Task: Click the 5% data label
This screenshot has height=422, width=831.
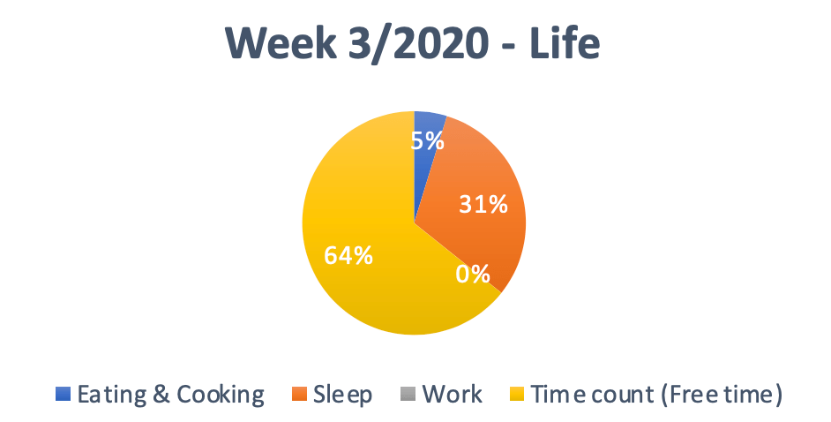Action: (x=428, y=141)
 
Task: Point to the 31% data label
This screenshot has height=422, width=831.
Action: (x=483, y=204)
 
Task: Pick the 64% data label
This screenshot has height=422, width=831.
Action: (x=348, y=255)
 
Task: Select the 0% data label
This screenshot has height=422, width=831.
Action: (x=473, y=274)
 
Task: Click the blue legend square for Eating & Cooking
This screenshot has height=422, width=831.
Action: (x=63, y=394)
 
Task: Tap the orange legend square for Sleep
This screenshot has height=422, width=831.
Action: (x=299, y=394)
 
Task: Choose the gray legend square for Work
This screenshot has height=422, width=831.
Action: (x=408, y=394)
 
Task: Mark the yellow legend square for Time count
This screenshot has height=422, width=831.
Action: (x=517, y=394)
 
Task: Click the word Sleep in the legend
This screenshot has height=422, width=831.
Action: (x=342, y=395)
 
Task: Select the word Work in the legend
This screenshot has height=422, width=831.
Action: (x=452, y=395)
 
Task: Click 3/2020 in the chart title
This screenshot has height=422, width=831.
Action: (x=418, y=43)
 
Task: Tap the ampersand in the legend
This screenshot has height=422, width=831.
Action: (x=161, y=395)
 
